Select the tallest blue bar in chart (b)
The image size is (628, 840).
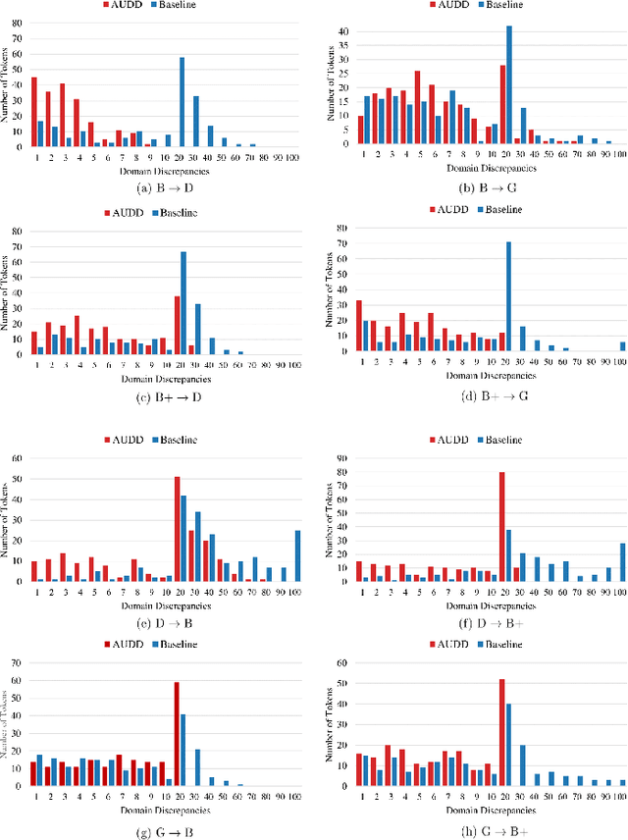pyautogui.click(x=509, y=84)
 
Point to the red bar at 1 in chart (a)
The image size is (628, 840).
pyautogui.click(x=34, y=111)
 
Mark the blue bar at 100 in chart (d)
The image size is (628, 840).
pyautogui.click(x=622, y=345)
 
